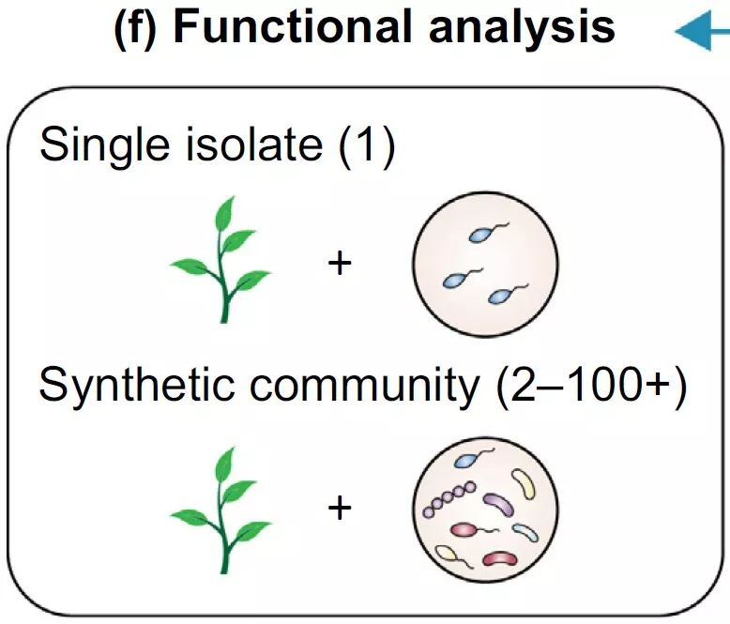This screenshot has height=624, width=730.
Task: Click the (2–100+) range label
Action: [587, 386]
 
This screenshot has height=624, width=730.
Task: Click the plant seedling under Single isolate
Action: [221, 262]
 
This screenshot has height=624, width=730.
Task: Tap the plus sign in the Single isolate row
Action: [340, 263]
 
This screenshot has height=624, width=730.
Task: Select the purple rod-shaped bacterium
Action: [497, 508]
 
